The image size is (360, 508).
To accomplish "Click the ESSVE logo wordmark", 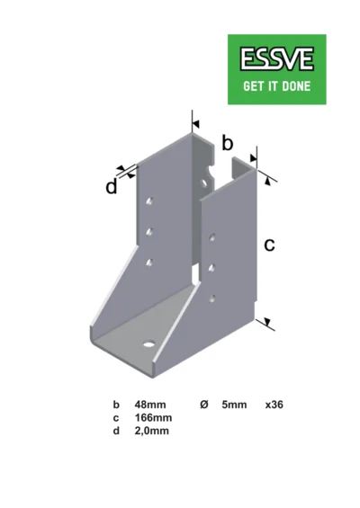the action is click(x=276, y=58).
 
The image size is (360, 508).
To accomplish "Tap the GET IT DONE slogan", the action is click(x=276, y=86).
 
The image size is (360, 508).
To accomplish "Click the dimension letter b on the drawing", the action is click(x=228, y=143).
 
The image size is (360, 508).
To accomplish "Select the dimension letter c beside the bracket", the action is click(x=269, y=245).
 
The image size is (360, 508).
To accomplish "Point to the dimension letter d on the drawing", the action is click(x=112, y=187).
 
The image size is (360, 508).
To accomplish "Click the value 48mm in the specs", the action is click(x=150, y=405).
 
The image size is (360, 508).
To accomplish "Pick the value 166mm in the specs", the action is click(x=153, y=417).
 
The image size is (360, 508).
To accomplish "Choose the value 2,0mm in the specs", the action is click(x=152, y=431).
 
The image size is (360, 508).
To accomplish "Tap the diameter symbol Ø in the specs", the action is click(x=204, y=405).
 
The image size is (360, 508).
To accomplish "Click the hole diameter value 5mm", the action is click(x=234, y=405).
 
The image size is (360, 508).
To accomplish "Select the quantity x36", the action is click(x=274, y=405).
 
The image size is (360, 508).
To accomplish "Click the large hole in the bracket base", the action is click(x=148, y=344).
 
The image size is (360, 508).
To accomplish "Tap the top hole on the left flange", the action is click(x=149, y=201).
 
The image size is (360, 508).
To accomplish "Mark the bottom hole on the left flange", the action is click(x=149, y=263).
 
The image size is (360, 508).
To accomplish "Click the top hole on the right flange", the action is click(x=212, y=237).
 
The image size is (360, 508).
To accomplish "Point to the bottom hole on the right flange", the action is click(x=212, y=299).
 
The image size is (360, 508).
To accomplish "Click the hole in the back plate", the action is click(x=204, y=183).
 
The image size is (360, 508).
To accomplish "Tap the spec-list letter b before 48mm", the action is click(x=116, y=405).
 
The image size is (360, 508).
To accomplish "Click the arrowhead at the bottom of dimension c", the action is click(x=267, y=321).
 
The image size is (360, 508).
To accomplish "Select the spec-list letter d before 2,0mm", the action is click(x=116, y=431).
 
